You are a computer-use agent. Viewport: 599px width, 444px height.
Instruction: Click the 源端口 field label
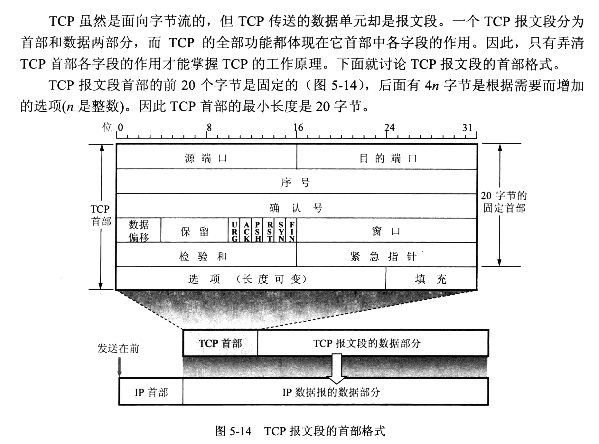(x=206, y=158)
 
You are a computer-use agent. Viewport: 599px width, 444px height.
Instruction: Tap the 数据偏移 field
(x=139, y=231)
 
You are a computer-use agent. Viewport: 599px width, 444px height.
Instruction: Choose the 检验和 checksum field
(x=203, y=256)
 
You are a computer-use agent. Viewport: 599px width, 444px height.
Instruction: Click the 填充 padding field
(x=431, y=279)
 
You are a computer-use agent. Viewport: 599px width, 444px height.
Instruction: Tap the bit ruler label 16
(x=298, y=128)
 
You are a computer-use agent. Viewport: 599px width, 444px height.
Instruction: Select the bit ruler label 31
(x=467, y=128)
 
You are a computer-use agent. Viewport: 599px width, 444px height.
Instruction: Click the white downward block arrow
(x=337, y=369)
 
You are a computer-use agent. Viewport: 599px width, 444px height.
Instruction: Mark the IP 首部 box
(x=151, y=392)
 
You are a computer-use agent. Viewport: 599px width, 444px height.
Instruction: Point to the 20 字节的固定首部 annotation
(x=504, y=202)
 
